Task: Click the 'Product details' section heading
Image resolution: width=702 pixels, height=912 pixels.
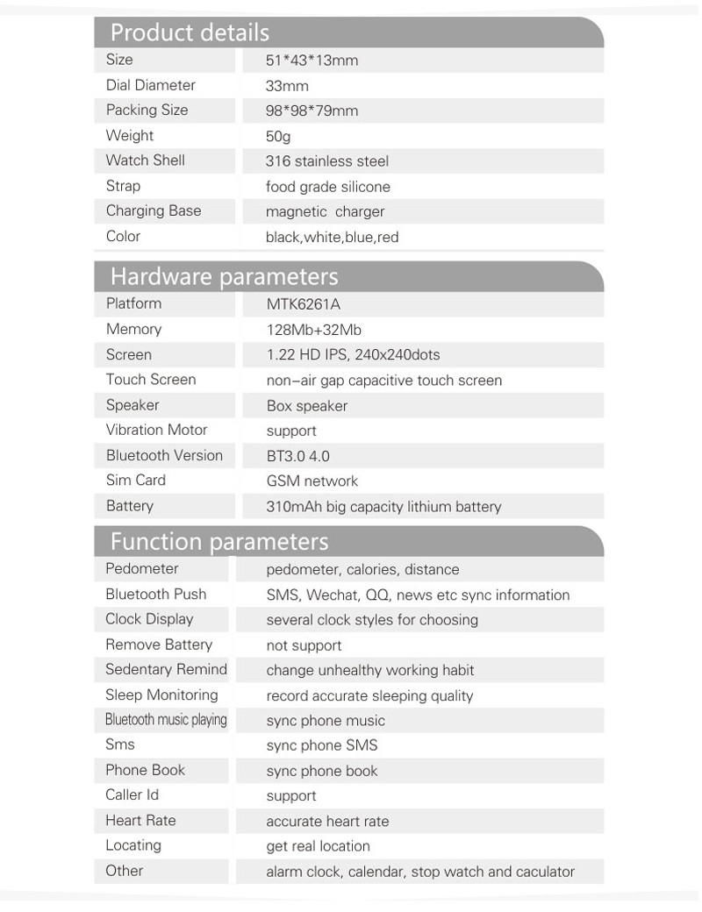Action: (x=190, y=33)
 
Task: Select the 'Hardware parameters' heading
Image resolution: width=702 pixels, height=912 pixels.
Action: (x=224, y=277)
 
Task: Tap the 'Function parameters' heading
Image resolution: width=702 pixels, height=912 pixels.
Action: (x=218, y=541)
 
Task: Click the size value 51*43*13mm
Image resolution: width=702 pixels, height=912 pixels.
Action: (x=312, y=61)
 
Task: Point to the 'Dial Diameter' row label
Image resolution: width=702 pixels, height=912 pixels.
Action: (x=150, y=85)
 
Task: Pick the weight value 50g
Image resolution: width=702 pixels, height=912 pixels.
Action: (x=278, y=136)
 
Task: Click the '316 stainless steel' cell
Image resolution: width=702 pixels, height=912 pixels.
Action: (x=326, y=161)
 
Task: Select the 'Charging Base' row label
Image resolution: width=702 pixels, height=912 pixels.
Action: (x=153, y=210)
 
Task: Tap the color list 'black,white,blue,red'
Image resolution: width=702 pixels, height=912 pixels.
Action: (x=332, y=237)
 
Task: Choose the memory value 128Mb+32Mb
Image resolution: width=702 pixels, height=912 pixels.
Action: (x=313, y=330)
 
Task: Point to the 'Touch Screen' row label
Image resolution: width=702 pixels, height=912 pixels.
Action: (x=150, y=379)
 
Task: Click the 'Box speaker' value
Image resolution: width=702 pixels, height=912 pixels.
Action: (x=306, y=406)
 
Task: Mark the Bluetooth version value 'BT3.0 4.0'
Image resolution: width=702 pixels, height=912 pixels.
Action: (x=297, y=456)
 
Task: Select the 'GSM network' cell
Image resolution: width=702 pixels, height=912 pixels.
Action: (x=312, y=481)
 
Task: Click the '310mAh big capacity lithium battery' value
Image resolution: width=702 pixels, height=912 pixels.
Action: (x=383, y=507)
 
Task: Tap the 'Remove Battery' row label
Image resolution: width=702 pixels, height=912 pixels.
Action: (x=159, y=645)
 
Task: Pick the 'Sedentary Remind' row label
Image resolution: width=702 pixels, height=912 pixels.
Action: (x=166, y=669)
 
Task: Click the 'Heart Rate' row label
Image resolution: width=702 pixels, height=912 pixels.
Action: (x=140, y=820)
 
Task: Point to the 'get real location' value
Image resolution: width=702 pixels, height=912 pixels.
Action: (x=318, y=846)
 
